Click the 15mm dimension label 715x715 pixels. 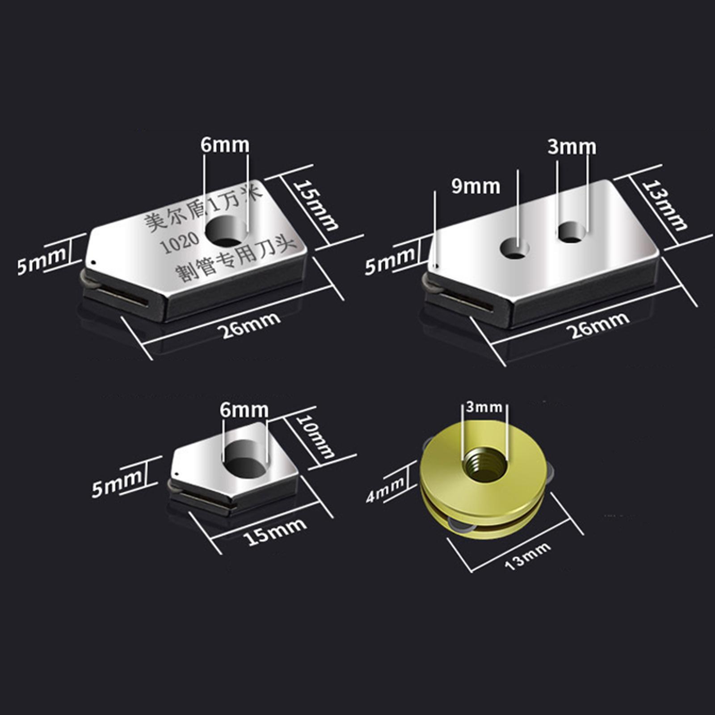[317, 206]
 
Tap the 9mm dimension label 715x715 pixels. [475, 186]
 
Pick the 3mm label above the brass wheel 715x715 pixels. [484, 407]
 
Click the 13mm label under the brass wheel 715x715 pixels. [527, 556]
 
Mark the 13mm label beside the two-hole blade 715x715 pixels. [665, 205]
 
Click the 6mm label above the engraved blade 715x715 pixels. [224, 145]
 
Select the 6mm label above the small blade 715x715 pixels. [244, 410]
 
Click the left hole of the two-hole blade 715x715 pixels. [515, 248]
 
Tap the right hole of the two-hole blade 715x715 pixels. [572, 232]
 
